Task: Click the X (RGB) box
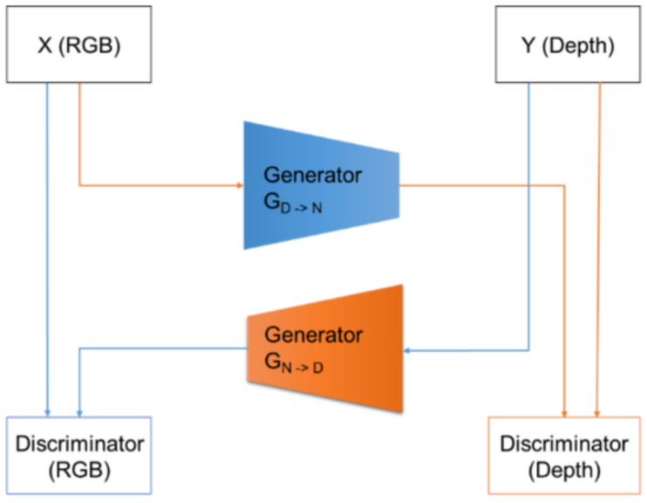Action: point(78,45)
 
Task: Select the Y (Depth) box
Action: point(568,45)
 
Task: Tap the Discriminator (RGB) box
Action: point(78,455)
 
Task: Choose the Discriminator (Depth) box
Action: point(564,455)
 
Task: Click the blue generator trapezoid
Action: point(322,185)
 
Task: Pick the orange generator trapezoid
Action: point(325,348)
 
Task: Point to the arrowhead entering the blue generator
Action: point(240,185)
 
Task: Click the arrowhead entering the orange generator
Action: point(407,350)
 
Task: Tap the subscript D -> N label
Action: point(301,208)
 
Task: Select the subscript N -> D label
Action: point(303,368)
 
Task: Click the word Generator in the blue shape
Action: point(313,176)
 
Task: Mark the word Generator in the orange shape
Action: point(314,334)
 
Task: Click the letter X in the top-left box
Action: point(45,45)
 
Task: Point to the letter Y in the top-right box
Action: point(528,45)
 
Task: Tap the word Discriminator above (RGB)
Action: point(79,444)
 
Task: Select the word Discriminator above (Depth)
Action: point(564,444)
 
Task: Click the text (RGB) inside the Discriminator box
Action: point(79,471)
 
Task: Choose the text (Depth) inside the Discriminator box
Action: point(564,471)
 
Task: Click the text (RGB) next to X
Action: point(90,45)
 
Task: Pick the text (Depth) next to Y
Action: point(578,45)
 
